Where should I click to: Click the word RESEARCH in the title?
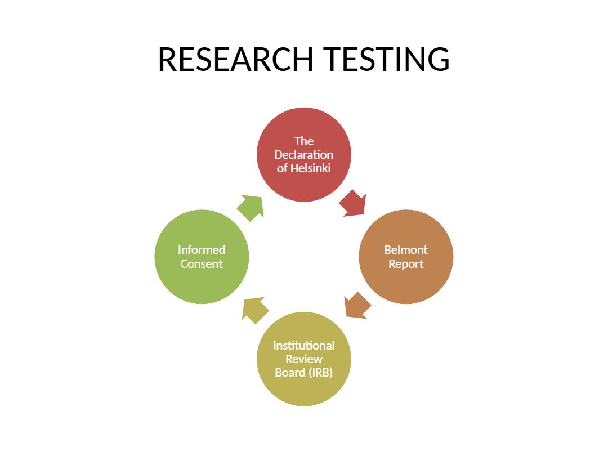click(x=235, y=59)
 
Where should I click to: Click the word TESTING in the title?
click(x=386, y=59)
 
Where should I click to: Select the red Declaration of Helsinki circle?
click(x=304, y=155)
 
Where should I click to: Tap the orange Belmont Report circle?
click(x=406, y=257)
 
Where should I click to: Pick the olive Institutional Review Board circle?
click(x=304, y=359)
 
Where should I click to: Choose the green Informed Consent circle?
click(x=202, y=257)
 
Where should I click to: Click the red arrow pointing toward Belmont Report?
click(x=353, y=203)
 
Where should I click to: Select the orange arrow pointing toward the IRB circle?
click(x=357, y=306)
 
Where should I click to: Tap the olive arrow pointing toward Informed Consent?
click(x=255, y=310)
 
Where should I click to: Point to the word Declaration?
click(x=304, y=155)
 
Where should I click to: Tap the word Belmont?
click(x=406, y=250)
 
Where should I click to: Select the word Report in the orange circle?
click(x=406, y=264)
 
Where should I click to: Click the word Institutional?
click(x=304, y=346)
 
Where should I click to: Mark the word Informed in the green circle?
click(x=202, y=250)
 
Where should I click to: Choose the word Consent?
click(x=202, y=264)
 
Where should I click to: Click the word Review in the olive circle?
click(x=304, y=359)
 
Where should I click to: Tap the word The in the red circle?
click(x=304, y=141)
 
